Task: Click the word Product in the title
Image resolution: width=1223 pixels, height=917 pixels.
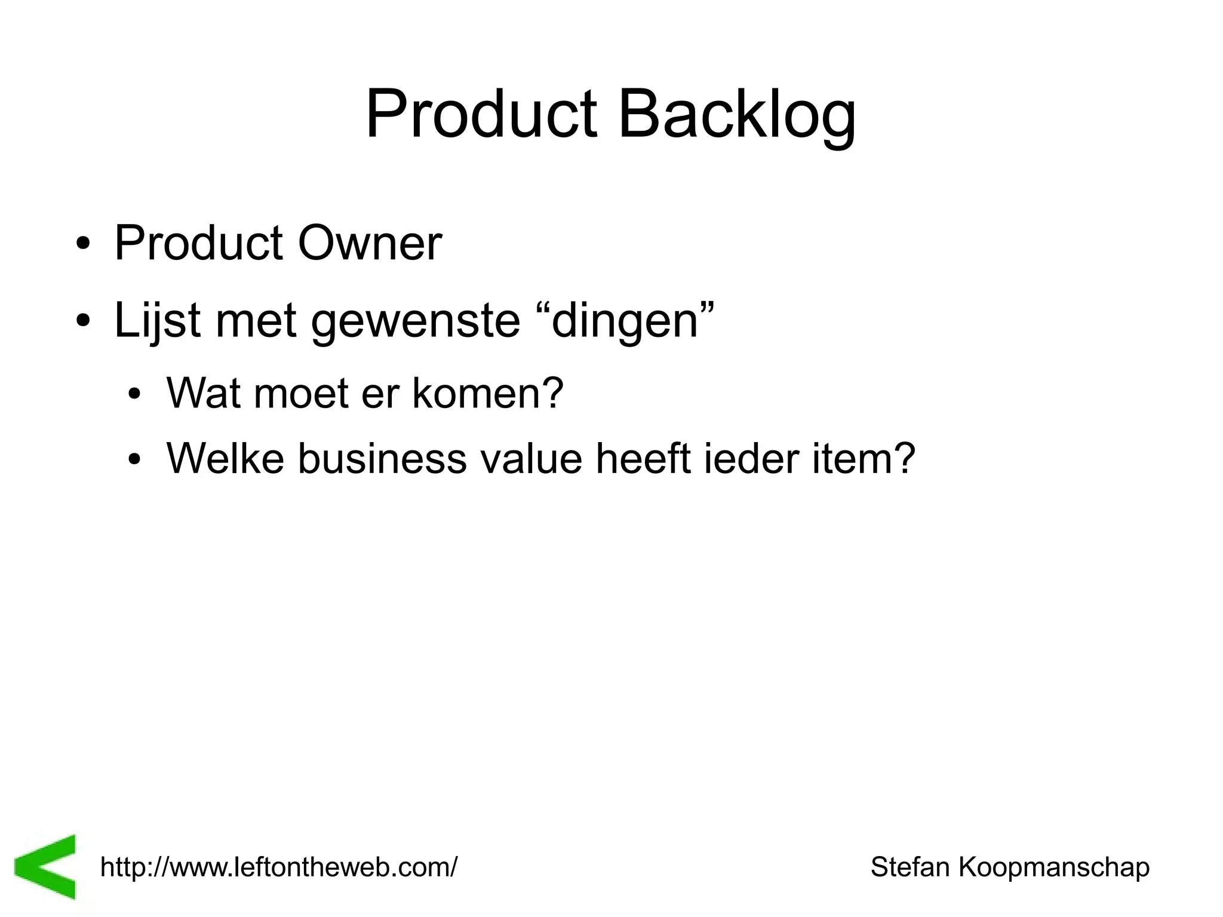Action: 481,115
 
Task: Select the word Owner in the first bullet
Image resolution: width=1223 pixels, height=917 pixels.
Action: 370,244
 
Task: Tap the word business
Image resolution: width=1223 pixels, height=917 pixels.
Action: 382,458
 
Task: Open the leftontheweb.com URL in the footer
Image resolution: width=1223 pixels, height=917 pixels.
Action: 279,867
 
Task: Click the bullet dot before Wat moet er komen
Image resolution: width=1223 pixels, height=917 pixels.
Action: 135,395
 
